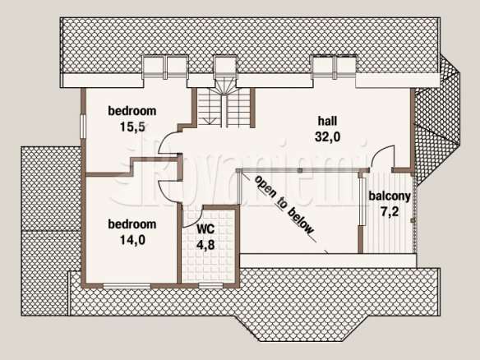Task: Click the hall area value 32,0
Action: click(x=328, y=136)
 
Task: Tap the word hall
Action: click(x=328, y=121)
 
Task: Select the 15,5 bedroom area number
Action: click(x=132, y=127)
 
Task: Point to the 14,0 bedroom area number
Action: click(x=132, y=240)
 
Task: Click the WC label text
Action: click(x=205, y=229)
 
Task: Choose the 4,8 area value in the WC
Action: click(x=205, y=245)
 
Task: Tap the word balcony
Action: click(x=390, y=196)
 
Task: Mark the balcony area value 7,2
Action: click(x=390, y=211)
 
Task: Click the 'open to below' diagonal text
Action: click(x=284, y=205)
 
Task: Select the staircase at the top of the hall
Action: click(x=225, y=104)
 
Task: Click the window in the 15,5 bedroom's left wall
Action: click(x=83, y=127)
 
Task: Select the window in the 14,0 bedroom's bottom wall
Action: click(x=127, y=286)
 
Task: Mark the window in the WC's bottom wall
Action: click(x=210, y=286)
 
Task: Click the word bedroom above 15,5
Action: click(x=132, y=111)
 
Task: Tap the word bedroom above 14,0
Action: click(x=132, y=224)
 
